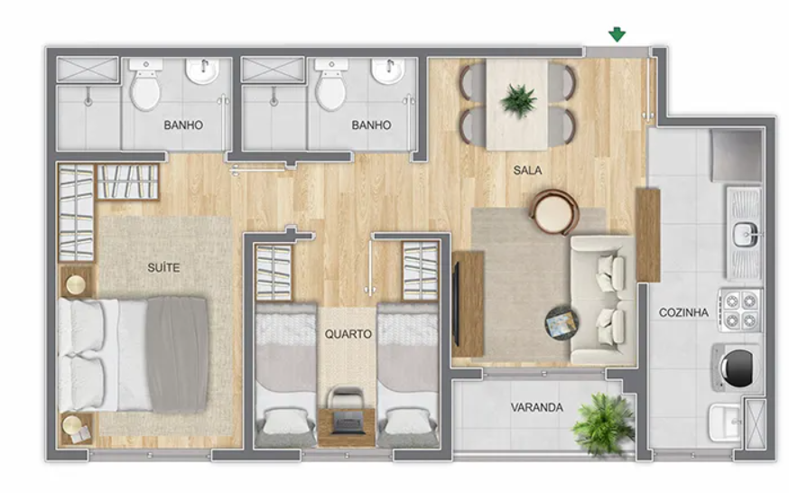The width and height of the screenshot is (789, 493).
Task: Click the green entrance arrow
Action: [x=617, y=34]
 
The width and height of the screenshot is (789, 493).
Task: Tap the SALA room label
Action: [x=527, y=171]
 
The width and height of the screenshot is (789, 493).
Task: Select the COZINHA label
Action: [x=683, y=312]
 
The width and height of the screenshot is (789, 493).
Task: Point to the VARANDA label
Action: [x=537, y=407]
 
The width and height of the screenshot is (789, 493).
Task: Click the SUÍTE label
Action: [x=163, y=267]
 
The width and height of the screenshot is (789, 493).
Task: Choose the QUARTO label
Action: [x=348, y=333]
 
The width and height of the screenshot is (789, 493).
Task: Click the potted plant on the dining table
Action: [x=518, y=100]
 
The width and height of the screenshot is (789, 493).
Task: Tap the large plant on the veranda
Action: [x=603, y=423]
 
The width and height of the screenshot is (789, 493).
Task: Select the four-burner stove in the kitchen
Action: [x=739, y=310]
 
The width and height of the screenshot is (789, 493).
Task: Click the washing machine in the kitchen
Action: [x=736, y=367]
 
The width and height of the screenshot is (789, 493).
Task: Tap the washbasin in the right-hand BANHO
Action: [x=388, y=71]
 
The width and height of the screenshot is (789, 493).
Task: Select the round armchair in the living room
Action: [x=553, y=212]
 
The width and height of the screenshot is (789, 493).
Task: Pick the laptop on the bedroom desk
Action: [x=348, y=422]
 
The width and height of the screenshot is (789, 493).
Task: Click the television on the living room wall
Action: [x=456, y=304]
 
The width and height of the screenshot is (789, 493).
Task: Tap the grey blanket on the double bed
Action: [x=177, y=354]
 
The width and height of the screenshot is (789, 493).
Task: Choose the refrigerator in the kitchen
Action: [x=736, y=155]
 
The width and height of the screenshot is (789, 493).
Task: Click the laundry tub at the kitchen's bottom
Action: [x=725, y=422]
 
